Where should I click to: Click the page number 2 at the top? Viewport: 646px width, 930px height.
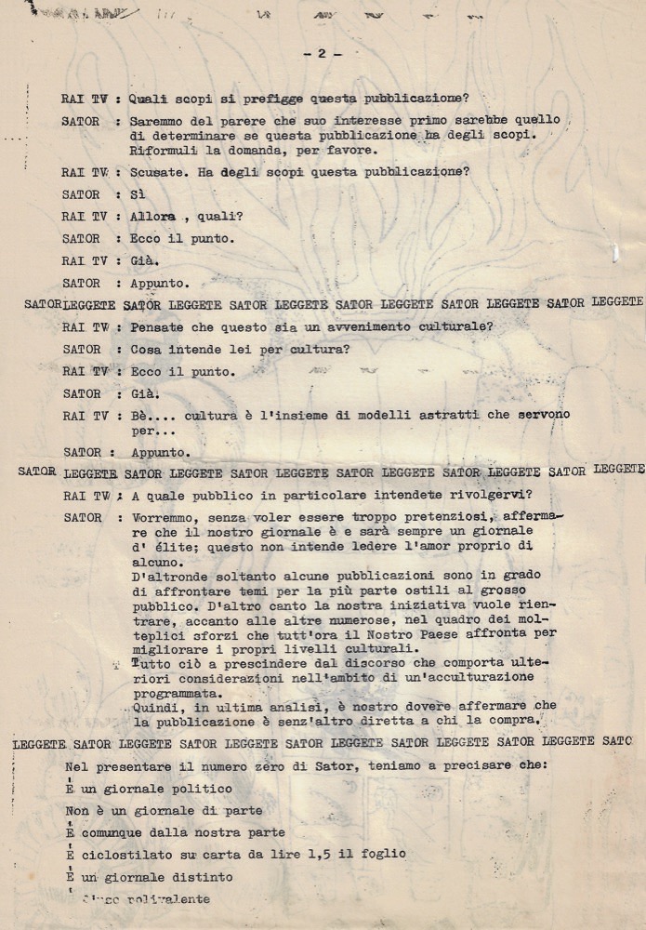323,54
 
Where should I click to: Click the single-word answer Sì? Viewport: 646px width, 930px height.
138,194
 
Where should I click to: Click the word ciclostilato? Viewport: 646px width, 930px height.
124,854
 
